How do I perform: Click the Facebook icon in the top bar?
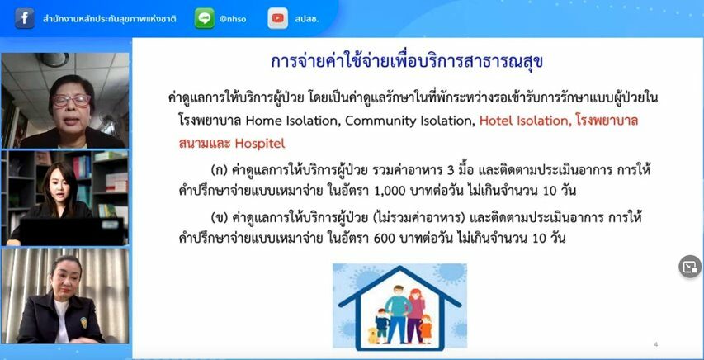point(25,18)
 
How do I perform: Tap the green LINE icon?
point(205,18)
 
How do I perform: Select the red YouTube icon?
point(278,18)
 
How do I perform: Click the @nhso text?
point(233,19)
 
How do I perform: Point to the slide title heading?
point(407,62)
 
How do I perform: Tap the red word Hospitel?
point(259,144)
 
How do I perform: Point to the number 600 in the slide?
point(384,238)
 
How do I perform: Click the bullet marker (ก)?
point(219,171)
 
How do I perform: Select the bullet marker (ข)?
point(219,219)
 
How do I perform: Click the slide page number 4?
point(656,344)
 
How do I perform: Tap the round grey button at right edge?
point(690,267)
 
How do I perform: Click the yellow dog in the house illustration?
point(371,335)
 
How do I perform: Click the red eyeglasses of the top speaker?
point(71,100)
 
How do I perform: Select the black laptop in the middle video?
point(71,231)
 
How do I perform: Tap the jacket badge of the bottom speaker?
point(83,322)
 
